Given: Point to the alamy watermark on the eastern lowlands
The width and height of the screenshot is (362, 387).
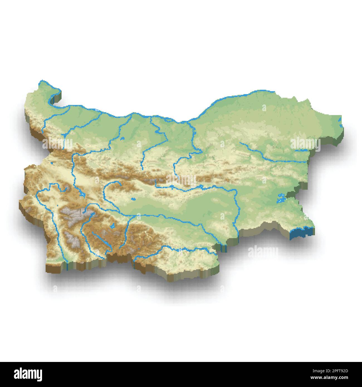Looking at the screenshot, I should click(x=305, y=144).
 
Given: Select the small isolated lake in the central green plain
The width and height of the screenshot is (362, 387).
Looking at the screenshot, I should click(x=133, y=199).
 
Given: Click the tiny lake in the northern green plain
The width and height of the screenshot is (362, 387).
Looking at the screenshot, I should click(x=122, y=138).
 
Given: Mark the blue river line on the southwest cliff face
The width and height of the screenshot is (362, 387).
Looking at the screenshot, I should click(x=67, y=267).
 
